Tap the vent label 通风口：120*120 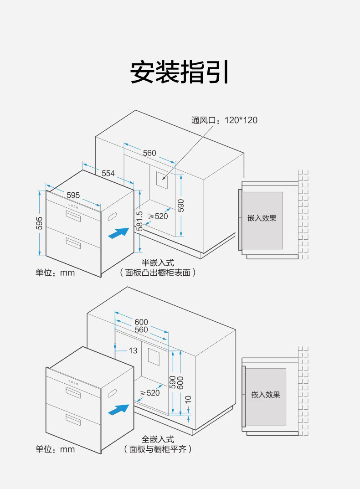224,120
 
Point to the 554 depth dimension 108,173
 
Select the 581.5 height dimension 139,221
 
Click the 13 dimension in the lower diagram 133,350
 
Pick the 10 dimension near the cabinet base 188,400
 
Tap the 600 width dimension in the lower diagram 141,322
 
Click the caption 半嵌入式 158,263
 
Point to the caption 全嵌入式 158,439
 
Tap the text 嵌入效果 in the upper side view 262,218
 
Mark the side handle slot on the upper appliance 112,217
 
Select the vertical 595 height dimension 39,223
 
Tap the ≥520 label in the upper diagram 158,216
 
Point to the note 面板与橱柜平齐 158,449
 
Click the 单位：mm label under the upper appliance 55,273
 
